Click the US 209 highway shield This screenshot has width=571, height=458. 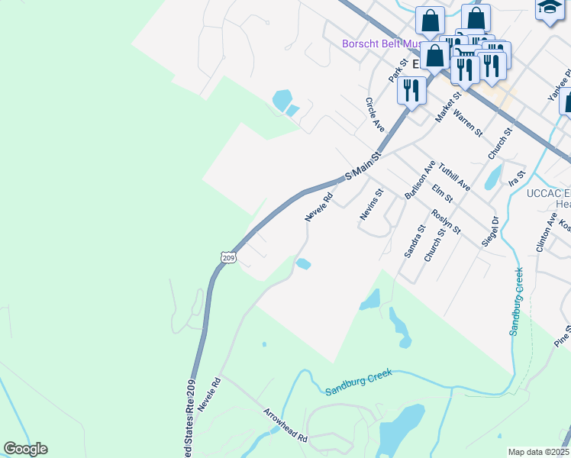229,257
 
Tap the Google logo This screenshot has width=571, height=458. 26,449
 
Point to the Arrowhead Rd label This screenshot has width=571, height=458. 285,425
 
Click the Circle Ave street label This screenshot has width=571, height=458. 374,114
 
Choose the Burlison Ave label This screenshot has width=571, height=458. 420,179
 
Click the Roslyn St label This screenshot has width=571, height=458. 446,221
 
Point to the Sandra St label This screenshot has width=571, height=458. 415,242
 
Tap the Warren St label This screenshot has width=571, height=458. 467,122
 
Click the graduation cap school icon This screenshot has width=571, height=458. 549,8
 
